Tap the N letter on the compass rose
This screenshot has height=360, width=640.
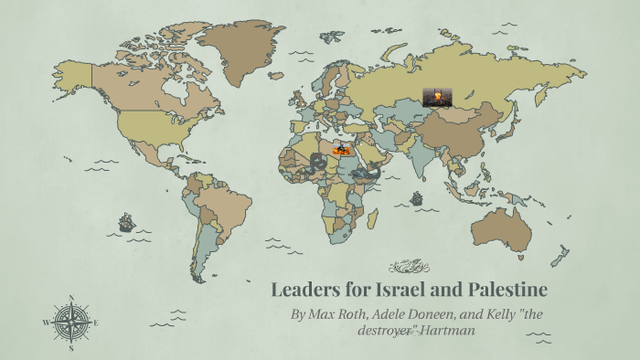point(71,298)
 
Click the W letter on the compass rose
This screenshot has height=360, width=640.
point(46,323)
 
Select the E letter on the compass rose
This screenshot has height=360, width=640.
point(96,323)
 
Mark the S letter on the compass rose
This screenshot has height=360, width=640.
point(71,348)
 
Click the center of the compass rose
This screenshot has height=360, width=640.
point(71,323)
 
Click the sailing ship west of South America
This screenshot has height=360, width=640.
point(126,221)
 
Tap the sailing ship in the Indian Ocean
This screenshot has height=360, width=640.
point(417,197)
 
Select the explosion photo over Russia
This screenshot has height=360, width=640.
point(437,97)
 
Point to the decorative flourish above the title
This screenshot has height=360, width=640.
point(409,267)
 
